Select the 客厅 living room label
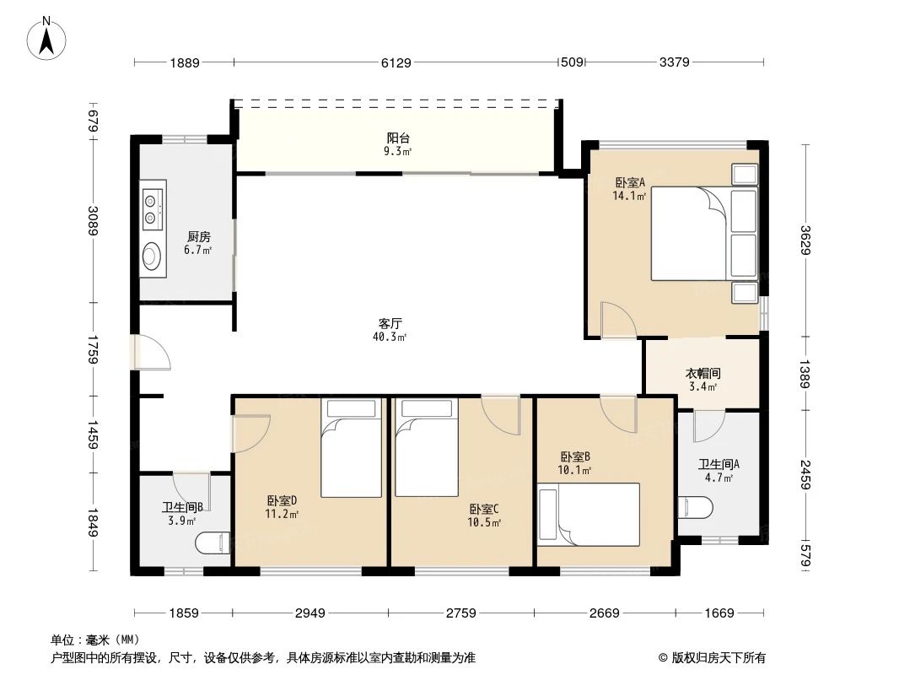(x=389, y=323)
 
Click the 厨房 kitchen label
(x=199, y=237)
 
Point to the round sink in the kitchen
(x=152, y=255)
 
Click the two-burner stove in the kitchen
(x=152, y=208)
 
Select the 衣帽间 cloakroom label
(x=702, y=373)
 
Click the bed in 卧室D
(x=353, y=448)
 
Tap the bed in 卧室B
(x=589, y=514)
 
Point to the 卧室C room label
(x=485, y=509)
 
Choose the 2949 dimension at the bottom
(x=310, y=613)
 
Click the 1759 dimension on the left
(x=94, y=349)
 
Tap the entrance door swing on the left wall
(x=153, y=353)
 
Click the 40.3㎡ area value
(x=389, y=337)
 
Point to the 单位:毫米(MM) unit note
(x=95, y=640)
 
